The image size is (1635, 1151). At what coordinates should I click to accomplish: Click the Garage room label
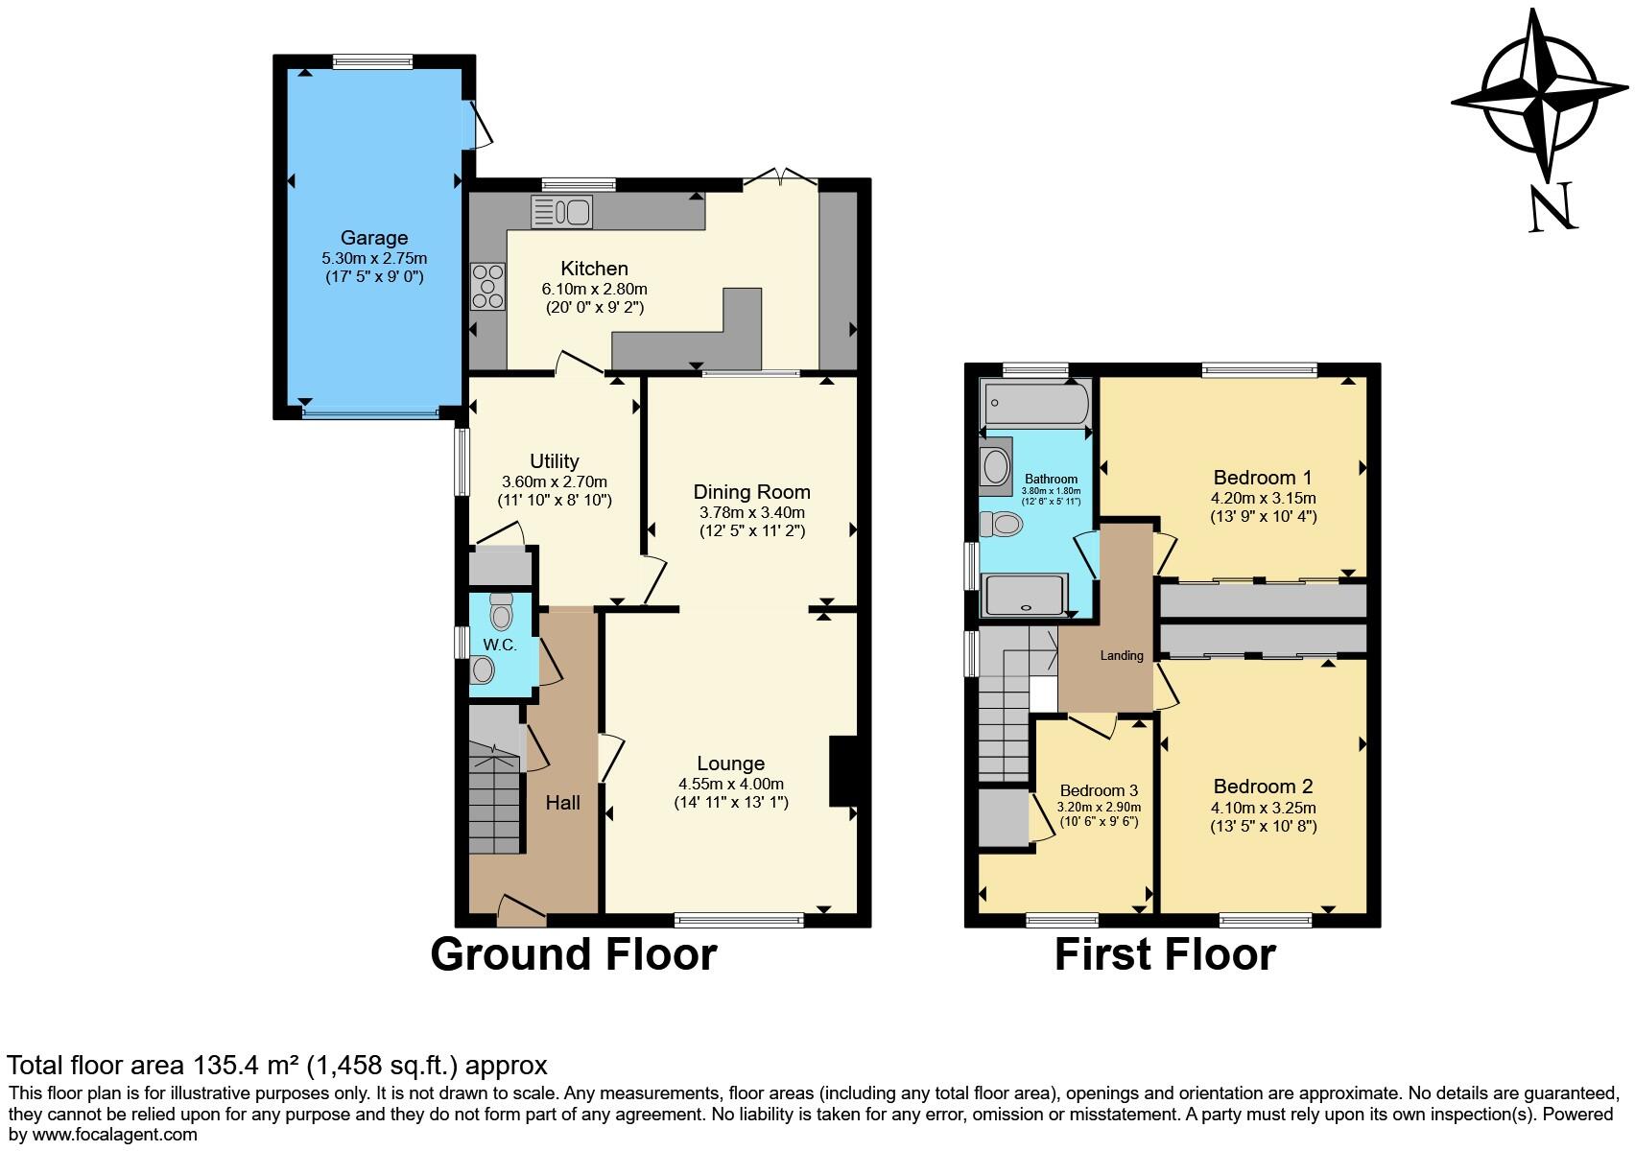coord(374,238)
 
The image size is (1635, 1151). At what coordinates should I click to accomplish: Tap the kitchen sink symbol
coord(561,212)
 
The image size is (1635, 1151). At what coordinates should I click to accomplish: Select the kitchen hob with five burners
coord(487,286)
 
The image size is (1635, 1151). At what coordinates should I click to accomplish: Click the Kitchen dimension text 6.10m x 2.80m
coord(594,289)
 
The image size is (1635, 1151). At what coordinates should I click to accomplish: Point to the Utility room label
coord(554,461)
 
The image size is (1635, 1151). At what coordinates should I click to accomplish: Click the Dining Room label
coord(751,492)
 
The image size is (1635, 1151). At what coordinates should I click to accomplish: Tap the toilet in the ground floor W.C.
coord(501,610)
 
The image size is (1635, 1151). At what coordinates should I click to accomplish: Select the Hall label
coord(563,802)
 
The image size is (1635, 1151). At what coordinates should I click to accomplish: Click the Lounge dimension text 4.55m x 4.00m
coord(730,783)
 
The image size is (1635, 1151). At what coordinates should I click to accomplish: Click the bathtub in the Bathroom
coord(1035,404)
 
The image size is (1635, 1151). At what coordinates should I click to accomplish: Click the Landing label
coord(1121,656)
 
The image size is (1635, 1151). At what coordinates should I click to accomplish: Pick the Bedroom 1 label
coord(1262,478)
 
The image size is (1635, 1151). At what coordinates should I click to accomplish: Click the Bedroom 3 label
coord(1099,790)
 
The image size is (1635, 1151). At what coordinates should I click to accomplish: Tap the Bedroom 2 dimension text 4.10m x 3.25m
coord(1262,808)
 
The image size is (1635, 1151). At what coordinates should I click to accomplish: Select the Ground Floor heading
coord(573,954)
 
